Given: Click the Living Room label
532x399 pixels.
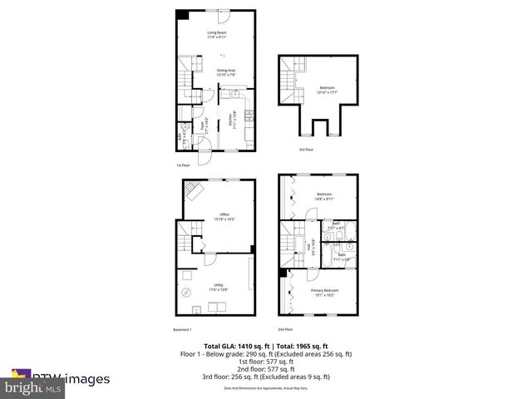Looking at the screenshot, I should [x=217, y=34].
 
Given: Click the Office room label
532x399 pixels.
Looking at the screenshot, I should [x=225, y=216].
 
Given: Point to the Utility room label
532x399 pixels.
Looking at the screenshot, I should [x=219, y=286].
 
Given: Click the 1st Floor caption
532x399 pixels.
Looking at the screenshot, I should [x=184, y=165].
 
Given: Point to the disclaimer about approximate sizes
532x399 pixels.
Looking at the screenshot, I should [x=265, y=387].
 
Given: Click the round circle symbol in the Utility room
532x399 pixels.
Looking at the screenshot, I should [x=186, y=292].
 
